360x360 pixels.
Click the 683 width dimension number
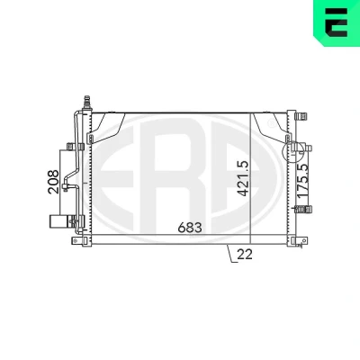point(190,228)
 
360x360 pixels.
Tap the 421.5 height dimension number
point(244,178)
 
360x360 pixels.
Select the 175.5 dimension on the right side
point(303,181)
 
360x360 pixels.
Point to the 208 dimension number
point(53,182)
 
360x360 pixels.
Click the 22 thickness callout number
point(245,255)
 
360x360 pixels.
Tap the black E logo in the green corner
point(337,22)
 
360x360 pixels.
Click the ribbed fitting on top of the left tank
point(87,103)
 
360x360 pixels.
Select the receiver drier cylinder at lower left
point(59,221)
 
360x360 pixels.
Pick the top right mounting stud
point(301,116)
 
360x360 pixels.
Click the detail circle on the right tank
point(293,152)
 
